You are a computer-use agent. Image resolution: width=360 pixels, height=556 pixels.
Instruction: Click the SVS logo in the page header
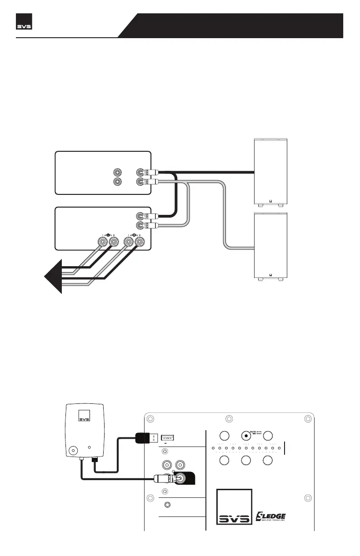25,25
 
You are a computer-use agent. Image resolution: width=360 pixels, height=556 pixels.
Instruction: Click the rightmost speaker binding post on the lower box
140,242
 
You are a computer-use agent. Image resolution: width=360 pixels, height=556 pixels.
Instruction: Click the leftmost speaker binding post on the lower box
101,242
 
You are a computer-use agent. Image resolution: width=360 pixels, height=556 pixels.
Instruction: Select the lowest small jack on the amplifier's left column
169,505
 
